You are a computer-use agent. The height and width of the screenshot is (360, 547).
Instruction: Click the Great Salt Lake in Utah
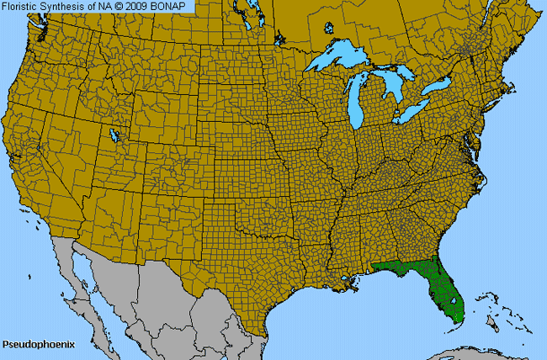[114, 135]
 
